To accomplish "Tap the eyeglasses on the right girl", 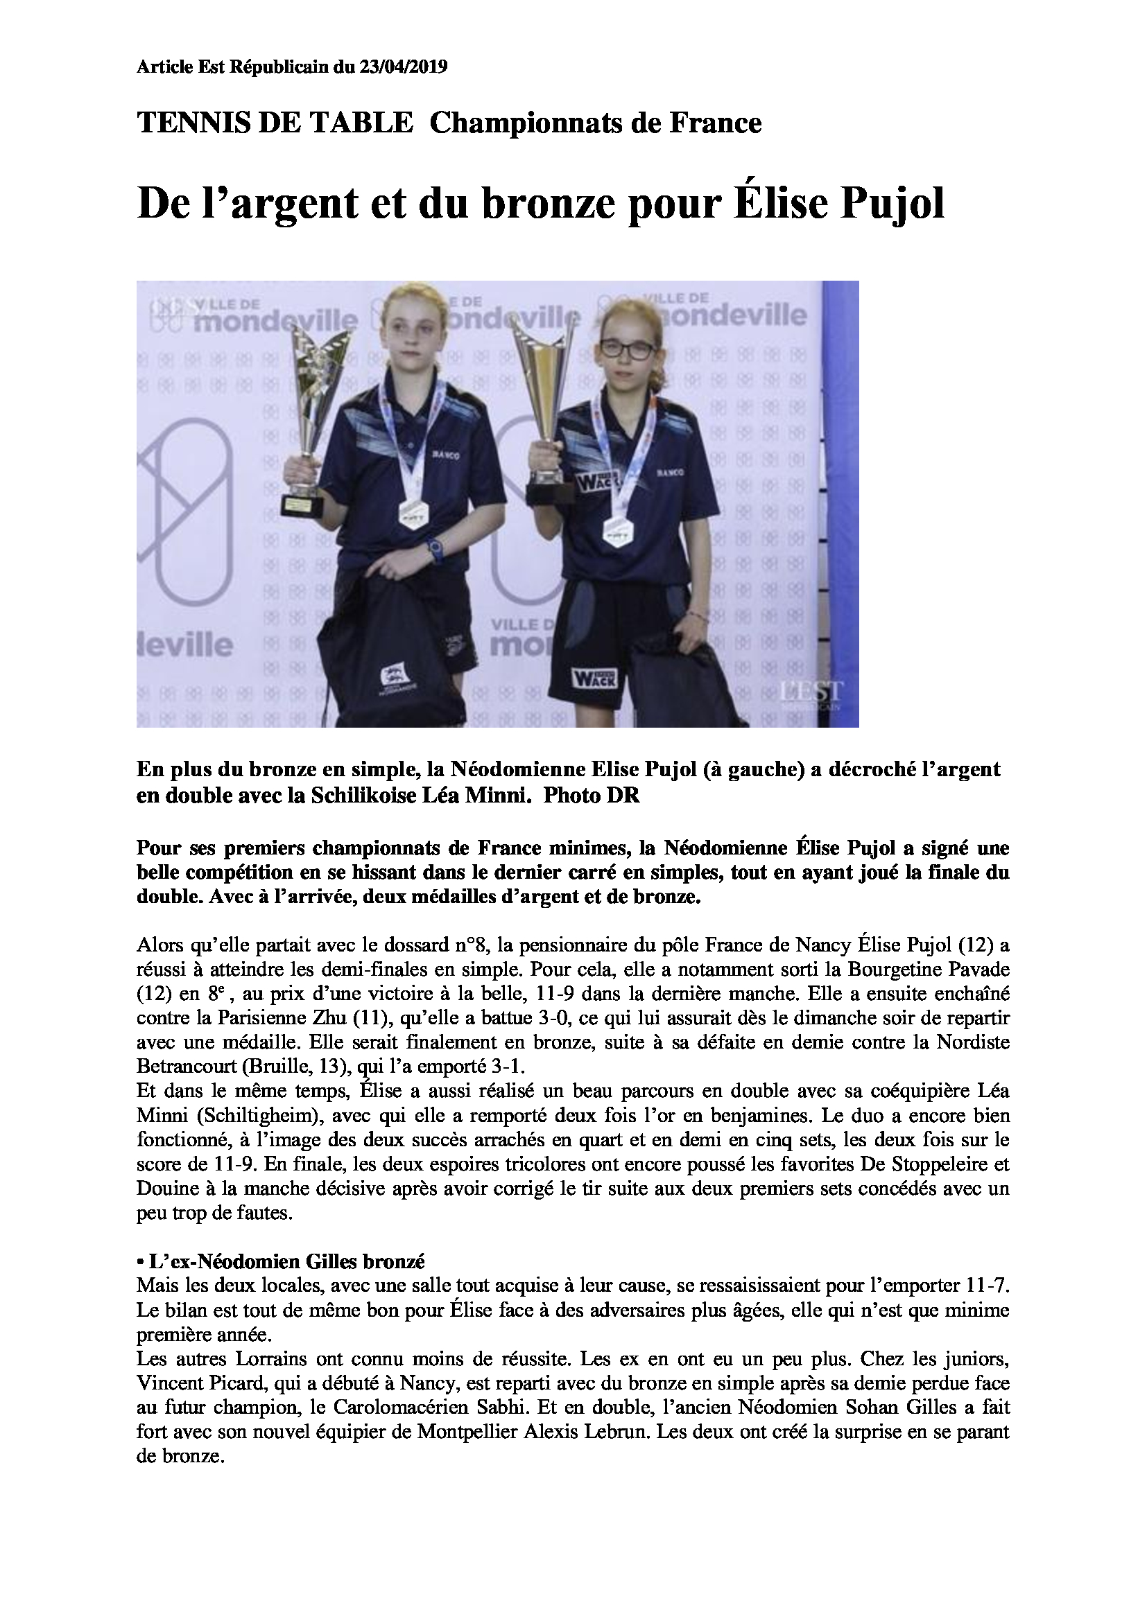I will coord(626,348).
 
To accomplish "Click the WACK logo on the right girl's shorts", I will coord(594,678).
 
